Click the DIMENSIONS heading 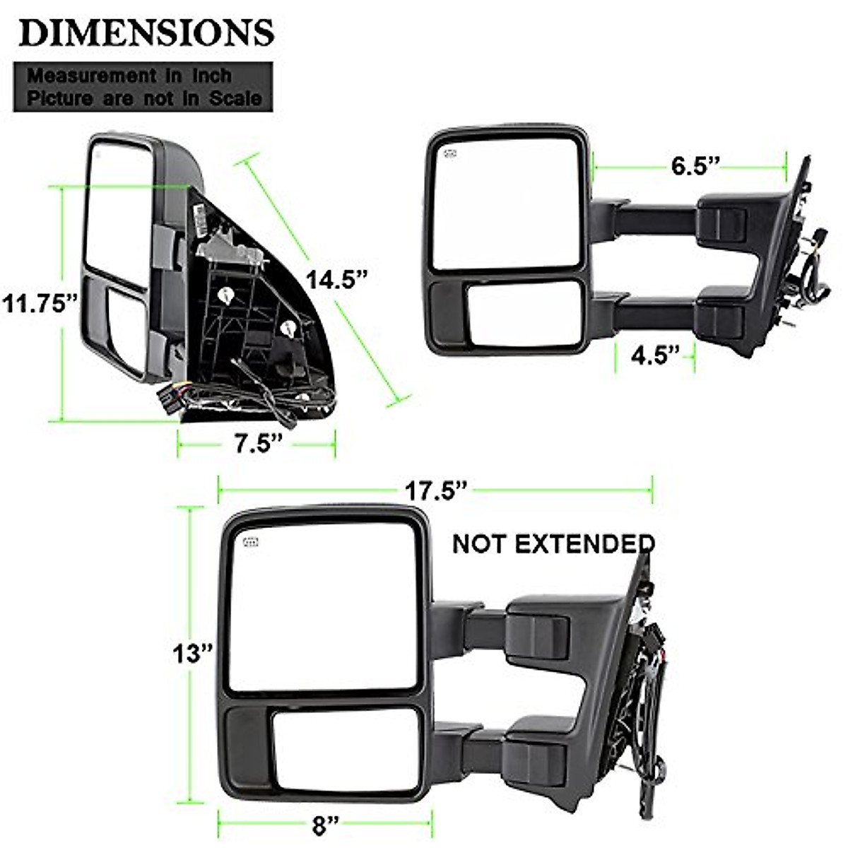(x=146, y=33)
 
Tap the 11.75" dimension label (x=40, y=304)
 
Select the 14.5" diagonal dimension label (x=336, y=279)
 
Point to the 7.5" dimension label (x=257, y=444)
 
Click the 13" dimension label (x=192, y=653)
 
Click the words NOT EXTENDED (x=553, y=544)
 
